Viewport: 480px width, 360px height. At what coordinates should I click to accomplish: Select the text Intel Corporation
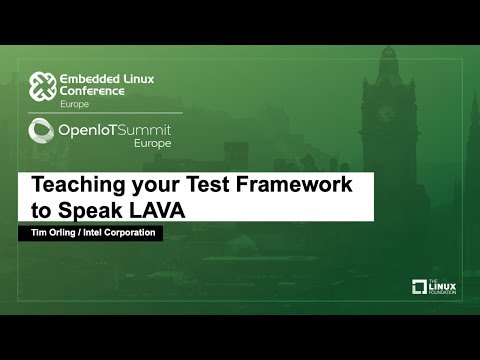124,233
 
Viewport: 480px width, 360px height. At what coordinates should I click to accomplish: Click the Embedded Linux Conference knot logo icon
42,87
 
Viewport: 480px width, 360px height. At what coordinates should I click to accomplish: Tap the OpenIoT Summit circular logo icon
41,130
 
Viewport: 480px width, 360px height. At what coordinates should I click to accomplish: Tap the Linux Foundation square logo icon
420,287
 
